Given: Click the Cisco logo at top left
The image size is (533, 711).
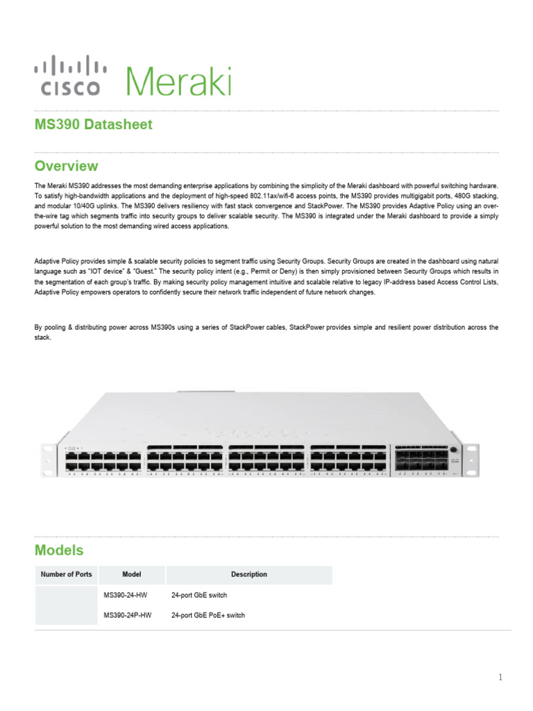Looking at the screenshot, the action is click(x=70, y=76).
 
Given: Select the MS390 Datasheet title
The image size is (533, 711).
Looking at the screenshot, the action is click(x=93, y=125).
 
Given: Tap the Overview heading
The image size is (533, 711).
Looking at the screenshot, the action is click(x=66, y=167).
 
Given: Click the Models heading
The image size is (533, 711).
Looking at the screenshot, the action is click(x=59, y=551).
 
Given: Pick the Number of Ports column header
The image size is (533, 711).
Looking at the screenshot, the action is click(x=66, y=575).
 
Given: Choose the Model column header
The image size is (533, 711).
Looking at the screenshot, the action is click(x=132, y=575).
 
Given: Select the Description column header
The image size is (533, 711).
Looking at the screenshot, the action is click(x=249, y=575).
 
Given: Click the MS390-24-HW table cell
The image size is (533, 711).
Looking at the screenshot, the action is click(x=125, y=596).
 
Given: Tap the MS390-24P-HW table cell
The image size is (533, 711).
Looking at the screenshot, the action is click(x=128, y=615).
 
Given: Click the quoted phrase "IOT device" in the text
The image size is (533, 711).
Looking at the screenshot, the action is click(x=99, y=271).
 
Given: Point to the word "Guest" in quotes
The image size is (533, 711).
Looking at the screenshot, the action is click(x=144, y=271).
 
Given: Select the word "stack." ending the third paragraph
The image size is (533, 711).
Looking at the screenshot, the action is click(x=42, y=338).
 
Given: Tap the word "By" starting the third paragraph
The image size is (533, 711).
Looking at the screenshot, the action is click(x=38, y=327).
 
